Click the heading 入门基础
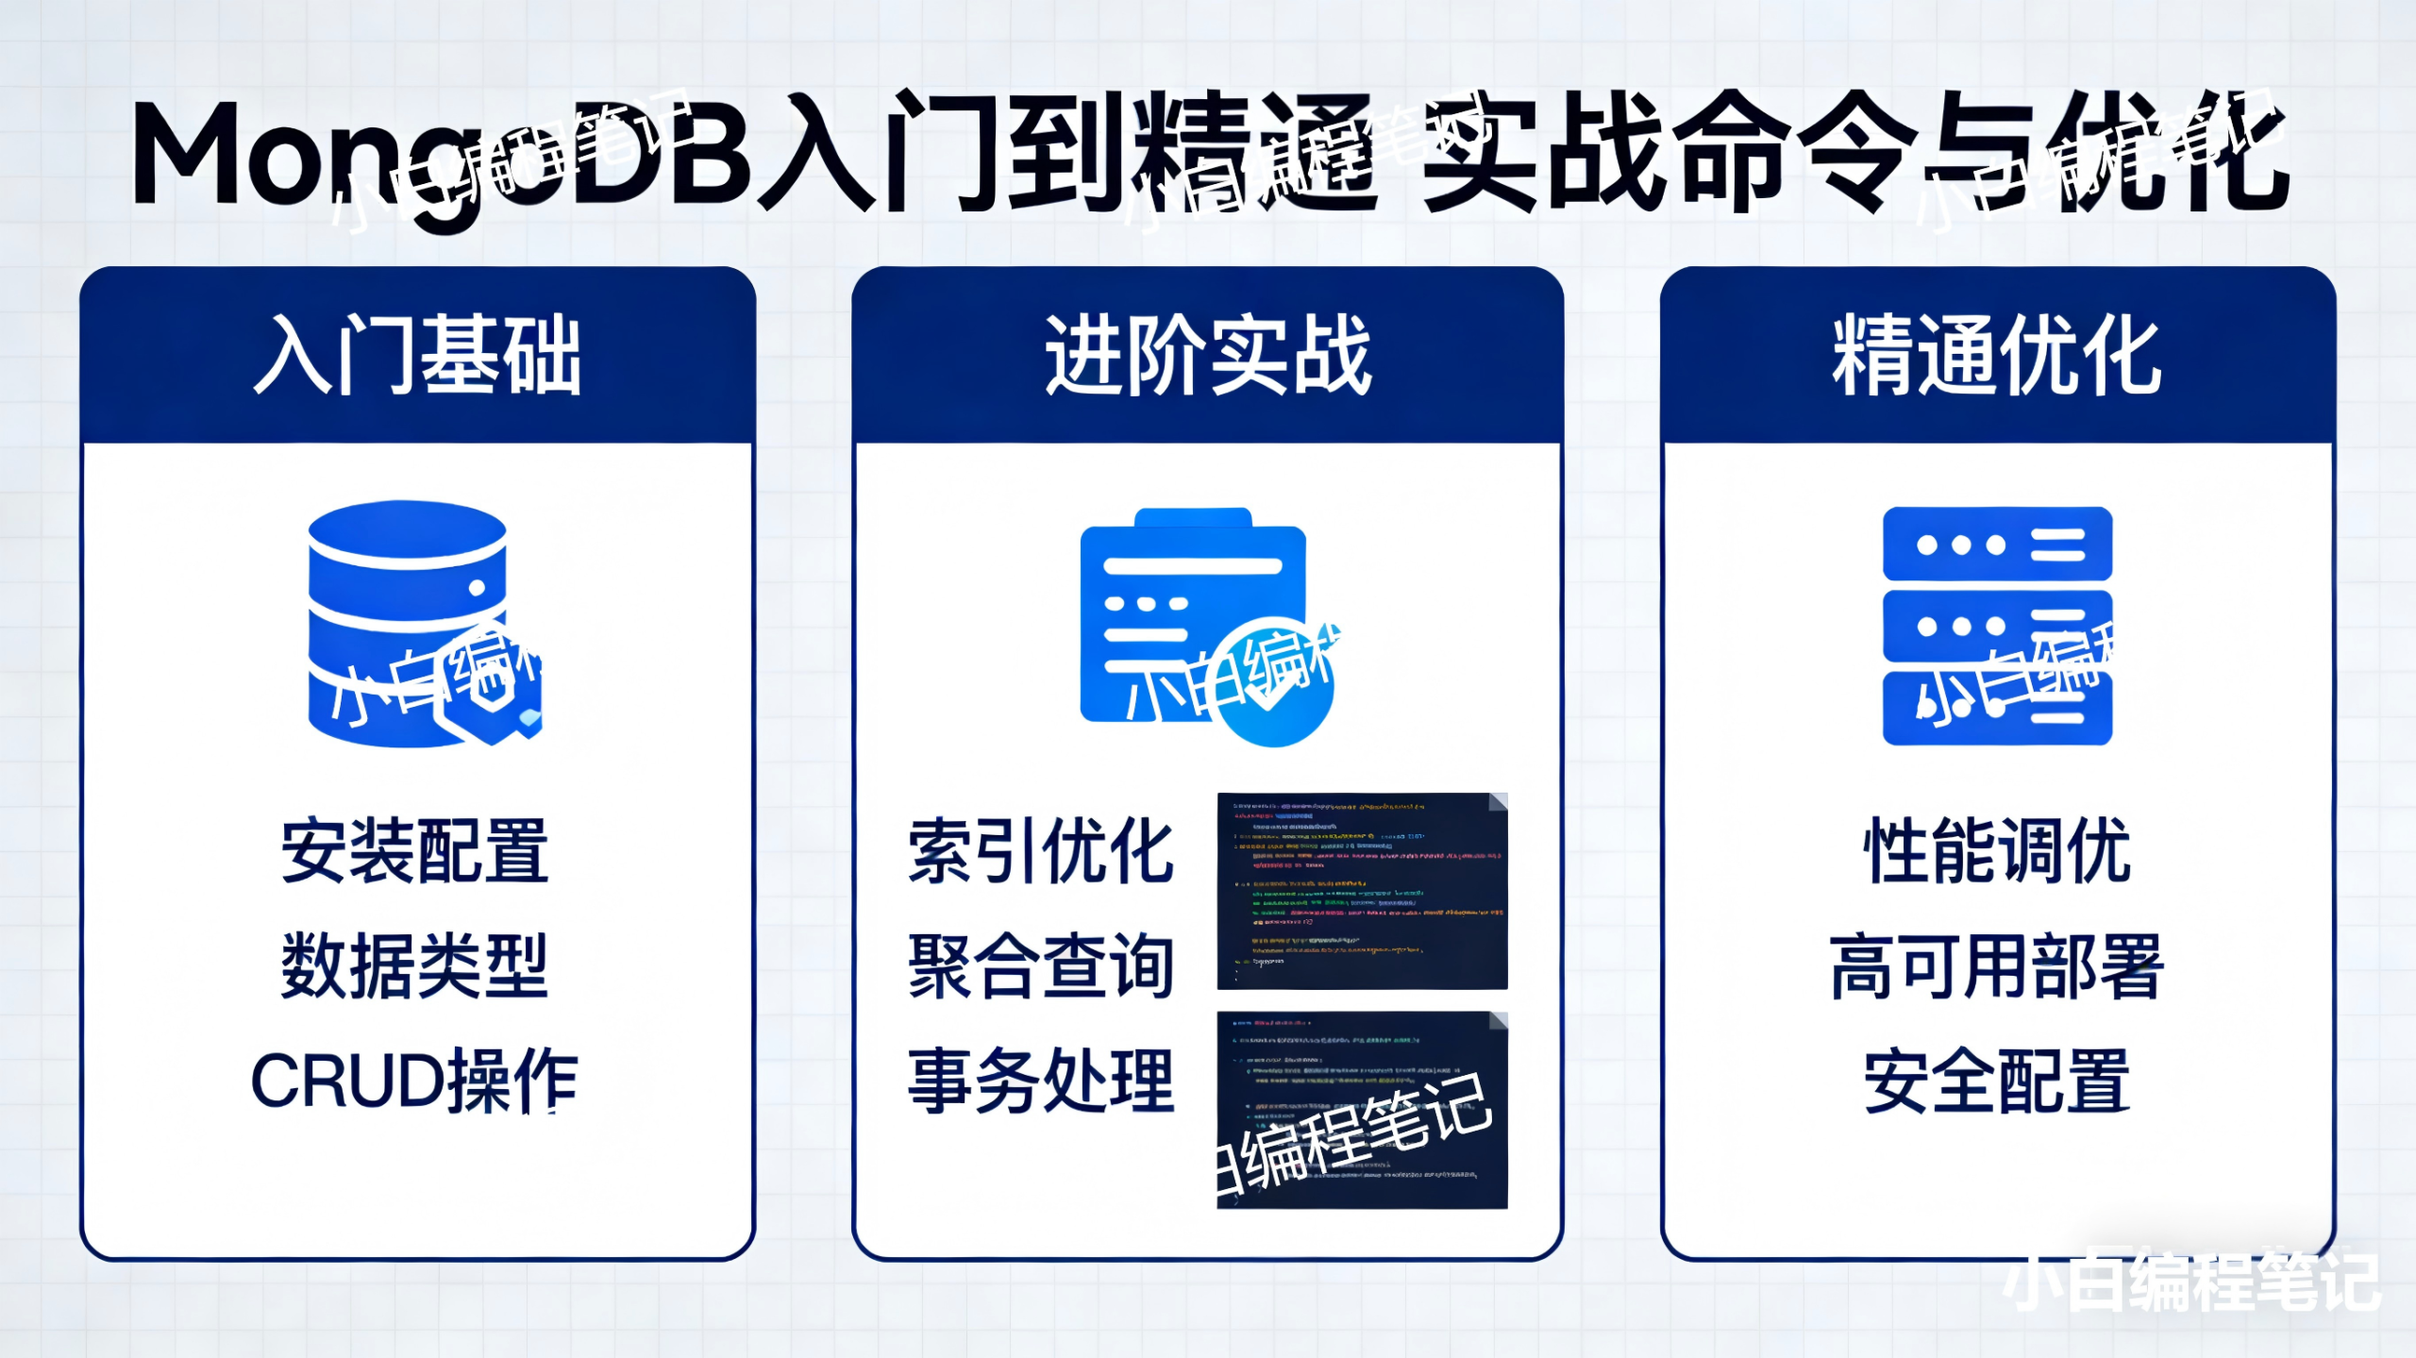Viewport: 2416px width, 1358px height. [x=416, y=355]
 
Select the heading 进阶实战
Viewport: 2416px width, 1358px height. [x=1207, y=355]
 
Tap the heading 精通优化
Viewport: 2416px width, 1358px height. [x=1996, y=355]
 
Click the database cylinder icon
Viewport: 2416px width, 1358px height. [x=408, y=623]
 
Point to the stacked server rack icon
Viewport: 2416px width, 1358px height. [x=1997, y=626]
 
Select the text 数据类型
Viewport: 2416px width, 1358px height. [x=415, y=965]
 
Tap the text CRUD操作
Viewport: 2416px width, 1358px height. [x=415, y=1081]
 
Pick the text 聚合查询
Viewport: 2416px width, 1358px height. [x=1041, y=965]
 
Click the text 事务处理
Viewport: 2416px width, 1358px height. [x=1041, y=1081]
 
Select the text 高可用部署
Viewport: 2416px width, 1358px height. [x=1997, y=965]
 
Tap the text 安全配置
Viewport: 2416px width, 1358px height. [x=1997, y=1081]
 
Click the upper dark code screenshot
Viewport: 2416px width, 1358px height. [x=1362, y=891]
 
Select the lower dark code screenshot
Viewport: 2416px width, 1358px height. [x=1362, y=1110]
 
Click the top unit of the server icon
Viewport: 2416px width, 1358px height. [x=1997, y=544]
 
